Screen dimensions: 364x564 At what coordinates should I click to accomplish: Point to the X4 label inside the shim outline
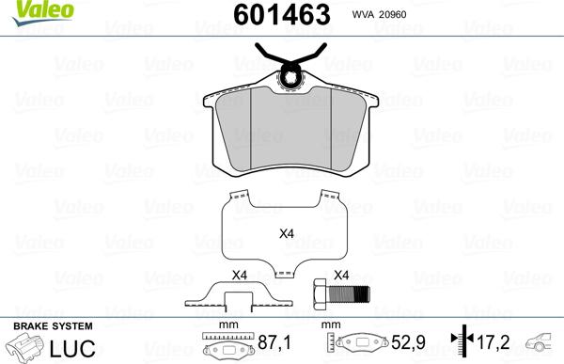pos(287,233)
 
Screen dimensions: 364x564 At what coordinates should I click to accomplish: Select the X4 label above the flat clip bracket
pos(239,275)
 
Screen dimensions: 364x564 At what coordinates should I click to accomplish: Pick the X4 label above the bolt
pos(341,275)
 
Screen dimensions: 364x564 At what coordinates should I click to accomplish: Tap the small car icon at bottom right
pos(542,345)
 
